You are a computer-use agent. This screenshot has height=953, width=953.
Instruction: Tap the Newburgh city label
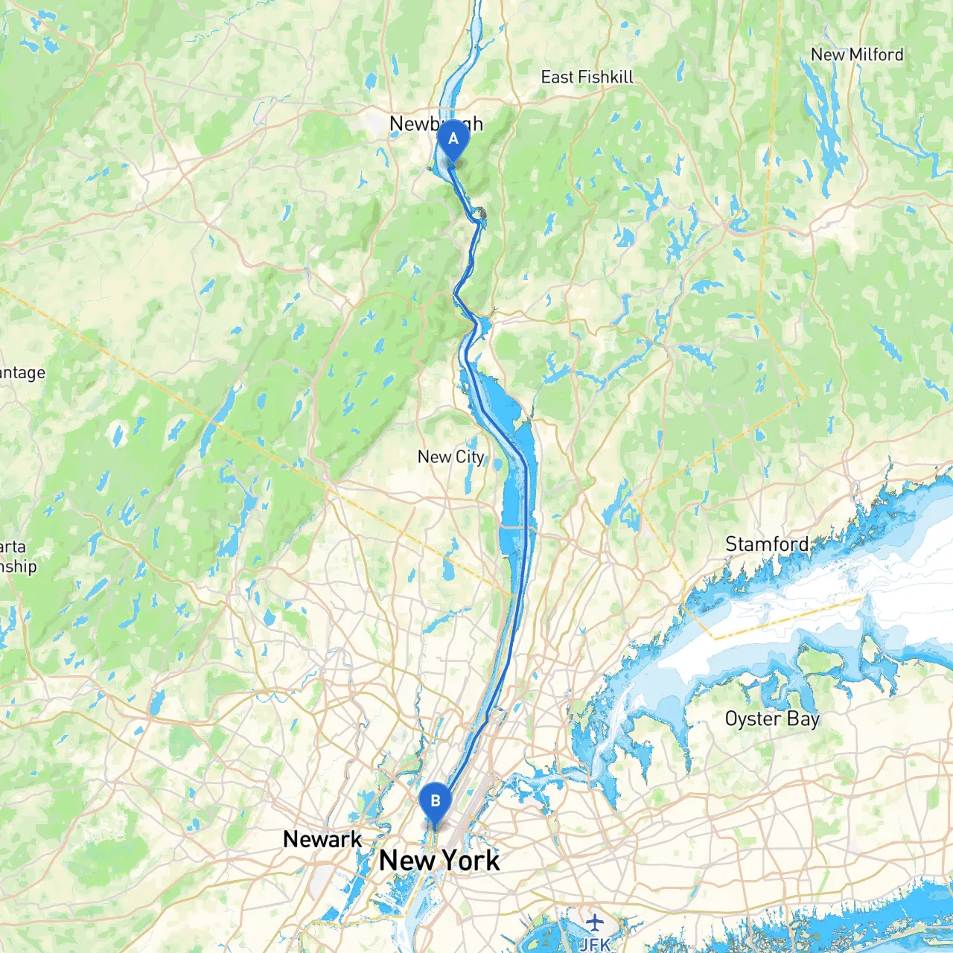click(x=436, y=124)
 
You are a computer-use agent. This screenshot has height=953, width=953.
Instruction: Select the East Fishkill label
click(x=587, y=77)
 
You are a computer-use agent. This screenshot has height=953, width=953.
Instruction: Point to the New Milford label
click(x=857, y=54)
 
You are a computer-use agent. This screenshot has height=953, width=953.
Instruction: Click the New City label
click(x=450, y=456)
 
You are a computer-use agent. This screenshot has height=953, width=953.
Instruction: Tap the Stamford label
click(x=767, y=544)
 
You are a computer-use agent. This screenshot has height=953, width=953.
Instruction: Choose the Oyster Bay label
click(x=772, y=718)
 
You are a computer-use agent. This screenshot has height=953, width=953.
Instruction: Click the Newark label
click(x=322, y=839)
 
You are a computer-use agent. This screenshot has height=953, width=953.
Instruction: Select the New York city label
click(x=439, y=861)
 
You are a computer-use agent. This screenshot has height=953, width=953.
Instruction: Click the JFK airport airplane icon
click(x=594, y=923)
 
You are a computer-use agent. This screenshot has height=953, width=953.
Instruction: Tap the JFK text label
click(x=594, y=944)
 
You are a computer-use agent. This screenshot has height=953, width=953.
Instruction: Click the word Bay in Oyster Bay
click(x=803, y=719)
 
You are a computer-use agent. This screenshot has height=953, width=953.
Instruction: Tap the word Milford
click(x=876, y=54)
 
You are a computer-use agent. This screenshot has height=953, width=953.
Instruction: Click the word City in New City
click(x=470, y=456)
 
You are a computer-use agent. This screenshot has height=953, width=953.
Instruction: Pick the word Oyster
click(x=753, y=718)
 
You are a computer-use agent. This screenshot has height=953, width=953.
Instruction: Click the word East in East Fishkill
click(x=557, y=77)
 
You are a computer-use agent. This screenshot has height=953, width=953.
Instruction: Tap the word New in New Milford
click(x=827, y=54)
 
